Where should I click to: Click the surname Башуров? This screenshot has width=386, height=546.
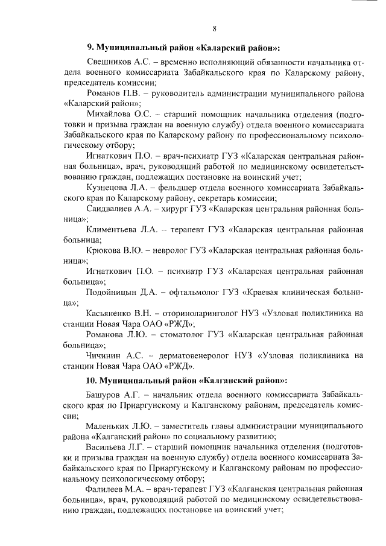106,394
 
